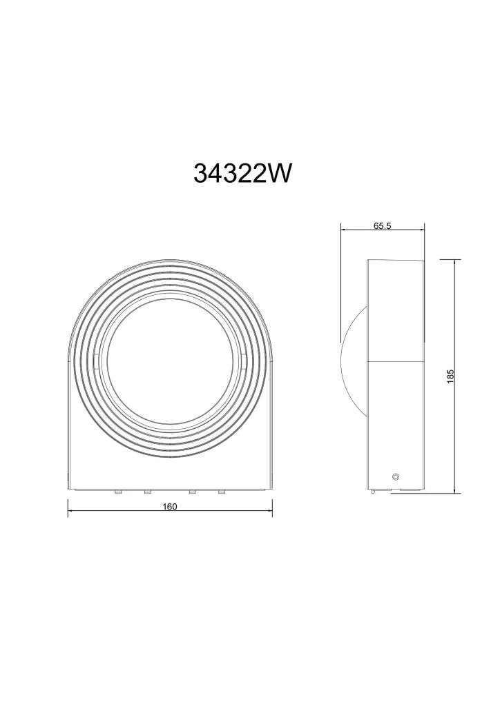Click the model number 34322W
click(x=242, y=173)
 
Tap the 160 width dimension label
click(x=169, y=507)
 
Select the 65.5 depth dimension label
click(x=383, y=225)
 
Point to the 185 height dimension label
click(x=450, y=376)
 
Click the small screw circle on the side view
click(x=396, y=477)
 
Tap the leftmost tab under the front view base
click(x=117, y=492)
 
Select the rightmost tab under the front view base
click(x=222, y=492)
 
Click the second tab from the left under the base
click(x=147, y=492)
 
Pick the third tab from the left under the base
click(x=192, y=492)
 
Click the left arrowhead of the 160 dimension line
click(x=70, y=511)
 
